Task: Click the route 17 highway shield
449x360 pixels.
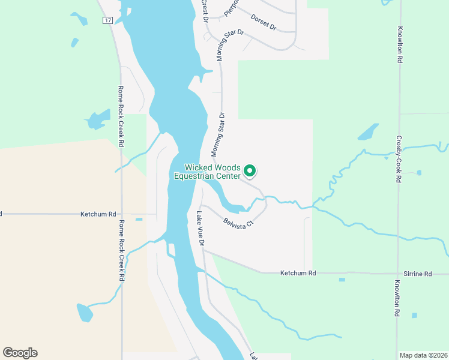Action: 107,20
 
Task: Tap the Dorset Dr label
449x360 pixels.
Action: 264,23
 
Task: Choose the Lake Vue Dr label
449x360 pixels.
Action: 200,229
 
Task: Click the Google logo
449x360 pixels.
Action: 20,353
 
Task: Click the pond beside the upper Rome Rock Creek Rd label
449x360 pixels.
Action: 97,119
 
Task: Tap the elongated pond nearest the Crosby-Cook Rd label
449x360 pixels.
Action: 367,131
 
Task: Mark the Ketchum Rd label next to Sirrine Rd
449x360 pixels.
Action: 298,273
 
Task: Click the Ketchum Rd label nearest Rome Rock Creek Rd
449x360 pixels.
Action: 99,214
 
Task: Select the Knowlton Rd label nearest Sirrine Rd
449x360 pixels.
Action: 397,299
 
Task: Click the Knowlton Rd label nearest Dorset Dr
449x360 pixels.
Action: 399,45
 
